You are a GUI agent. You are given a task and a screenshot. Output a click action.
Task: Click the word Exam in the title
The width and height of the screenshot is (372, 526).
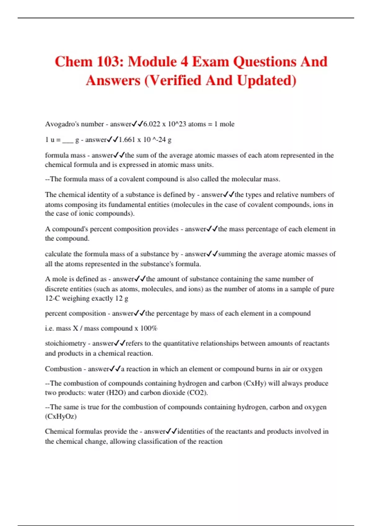point(210,62)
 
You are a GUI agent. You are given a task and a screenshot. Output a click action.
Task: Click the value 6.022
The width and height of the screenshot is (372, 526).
point(152,124)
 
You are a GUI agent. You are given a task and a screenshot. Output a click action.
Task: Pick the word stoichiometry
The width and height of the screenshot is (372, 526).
point(65,343)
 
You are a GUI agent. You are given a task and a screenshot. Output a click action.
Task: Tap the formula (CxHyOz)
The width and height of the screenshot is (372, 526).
point(61,416)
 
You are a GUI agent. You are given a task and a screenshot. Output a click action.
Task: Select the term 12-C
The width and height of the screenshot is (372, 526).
point(52,298)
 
